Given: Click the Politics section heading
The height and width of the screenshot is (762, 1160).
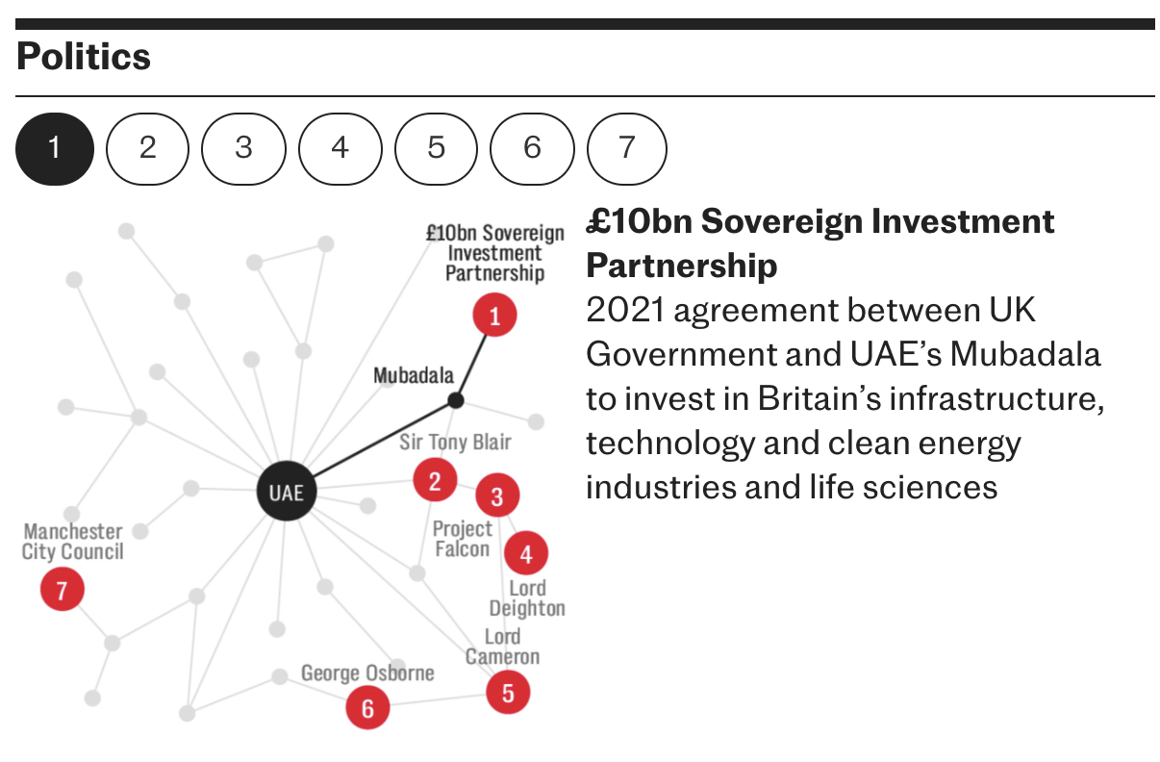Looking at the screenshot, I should (84, 57).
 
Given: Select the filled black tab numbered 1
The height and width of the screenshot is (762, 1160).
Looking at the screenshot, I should (54, 148).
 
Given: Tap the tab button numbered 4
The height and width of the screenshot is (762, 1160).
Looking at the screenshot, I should (340, 148).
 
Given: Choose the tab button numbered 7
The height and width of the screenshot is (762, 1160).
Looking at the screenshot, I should (627, 148).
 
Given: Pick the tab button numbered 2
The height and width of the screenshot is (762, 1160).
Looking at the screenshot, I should (147, 148).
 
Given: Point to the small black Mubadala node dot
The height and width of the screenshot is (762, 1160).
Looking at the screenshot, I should (456, 399).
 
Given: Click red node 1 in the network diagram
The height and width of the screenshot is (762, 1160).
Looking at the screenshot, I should (494, 316).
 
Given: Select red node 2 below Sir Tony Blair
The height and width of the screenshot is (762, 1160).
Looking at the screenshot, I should (435, 480).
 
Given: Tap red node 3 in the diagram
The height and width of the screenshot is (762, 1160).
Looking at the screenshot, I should (497, 496).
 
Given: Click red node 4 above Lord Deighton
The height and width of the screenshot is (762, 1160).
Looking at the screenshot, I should (525, 554).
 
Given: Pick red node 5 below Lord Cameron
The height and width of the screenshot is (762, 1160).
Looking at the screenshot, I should (508, 691).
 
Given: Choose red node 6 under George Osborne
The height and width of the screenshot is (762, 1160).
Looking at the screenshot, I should (367, 709).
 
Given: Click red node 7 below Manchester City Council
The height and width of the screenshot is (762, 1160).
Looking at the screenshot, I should (63, 589).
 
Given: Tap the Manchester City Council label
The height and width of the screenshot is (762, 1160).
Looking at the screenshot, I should (73, 541).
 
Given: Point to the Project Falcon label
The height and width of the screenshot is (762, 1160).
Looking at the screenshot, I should (462, 539).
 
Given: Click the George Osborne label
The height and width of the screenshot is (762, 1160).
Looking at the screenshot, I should (367, 673).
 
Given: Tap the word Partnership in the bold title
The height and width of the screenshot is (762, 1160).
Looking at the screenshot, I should (681, 265).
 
